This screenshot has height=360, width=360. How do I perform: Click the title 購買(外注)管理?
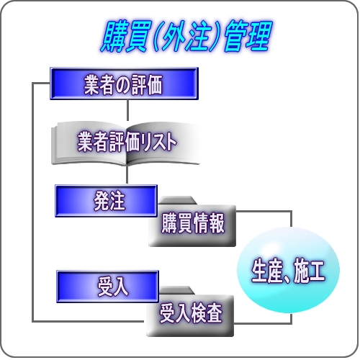[x=186, y=37]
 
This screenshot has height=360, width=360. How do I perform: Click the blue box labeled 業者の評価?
[x=124, y=84]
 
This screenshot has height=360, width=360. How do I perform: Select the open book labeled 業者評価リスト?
[x=125, y=143]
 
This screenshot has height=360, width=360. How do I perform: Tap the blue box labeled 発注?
[x=106, y=201]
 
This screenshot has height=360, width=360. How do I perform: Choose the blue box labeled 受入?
[x=107, y=287]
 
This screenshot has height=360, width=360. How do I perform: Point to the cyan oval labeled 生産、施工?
[x=288, y=270]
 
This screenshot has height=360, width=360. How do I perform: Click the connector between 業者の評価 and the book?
[x=127, y=110]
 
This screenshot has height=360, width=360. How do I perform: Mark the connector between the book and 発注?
[x=127, y=174]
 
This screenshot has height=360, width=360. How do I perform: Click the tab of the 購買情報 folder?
[x=177, y=200]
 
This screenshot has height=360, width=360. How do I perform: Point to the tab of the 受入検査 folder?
[x=176, y=290]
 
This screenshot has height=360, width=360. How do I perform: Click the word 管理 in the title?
[x=248, y=37]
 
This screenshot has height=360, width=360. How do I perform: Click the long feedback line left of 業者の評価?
[x=32, y=202]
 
